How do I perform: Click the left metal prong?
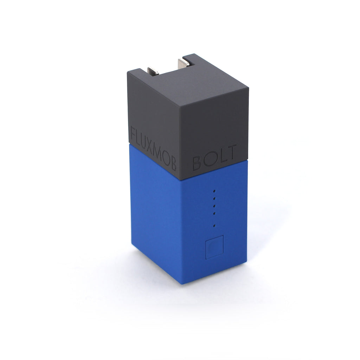click(x=153, y=71)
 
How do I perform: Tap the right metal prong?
click(x=184, y=63)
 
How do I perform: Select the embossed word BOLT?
click(x=215, y=157)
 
